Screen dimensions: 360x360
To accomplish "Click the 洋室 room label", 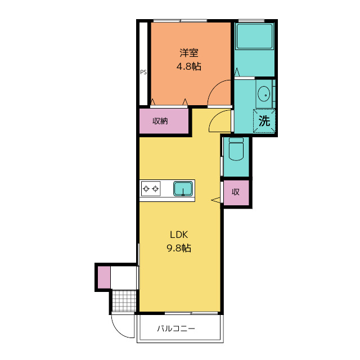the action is click(x=189, y=53).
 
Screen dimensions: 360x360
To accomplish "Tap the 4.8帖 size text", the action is click(x=189, y=66).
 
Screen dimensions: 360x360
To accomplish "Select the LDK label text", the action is click(x=179, y=235).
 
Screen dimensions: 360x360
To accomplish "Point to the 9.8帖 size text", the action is click(x=179, y=248).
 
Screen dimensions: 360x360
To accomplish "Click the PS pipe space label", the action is click(x=143, y=73).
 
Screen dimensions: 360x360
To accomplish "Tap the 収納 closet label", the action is click(x=160, y=121).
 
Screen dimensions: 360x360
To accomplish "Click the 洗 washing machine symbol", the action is click(x=264, y=121).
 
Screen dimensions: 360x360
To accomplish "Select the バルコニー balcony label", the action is click(x=176, y=328).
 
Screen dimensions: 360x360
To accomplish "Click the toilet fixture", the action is click(x=236, y=148).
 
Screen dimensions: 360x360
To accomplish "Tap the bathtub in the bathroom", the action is click(x=254, y=36).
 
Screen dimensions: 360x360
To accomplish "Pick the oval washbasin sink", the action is click(x=264, y=94).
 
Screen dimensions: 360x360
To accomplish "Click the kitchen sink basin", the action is click(x=183, y=189).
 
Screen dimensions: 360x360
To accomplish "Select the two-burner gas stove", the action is click(x=151, y=189).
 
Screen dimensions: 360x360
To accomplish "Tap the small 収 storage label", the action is click(x=236, y=192).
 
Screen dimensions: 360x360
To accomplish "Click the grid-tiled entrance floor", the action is click(x=124, y=301).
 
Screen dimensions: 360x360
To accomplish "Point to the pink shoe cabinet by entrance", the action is click(x=104, y=277).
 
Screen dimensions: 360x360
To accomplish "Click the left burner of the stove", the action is click(x=146, y=189).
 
